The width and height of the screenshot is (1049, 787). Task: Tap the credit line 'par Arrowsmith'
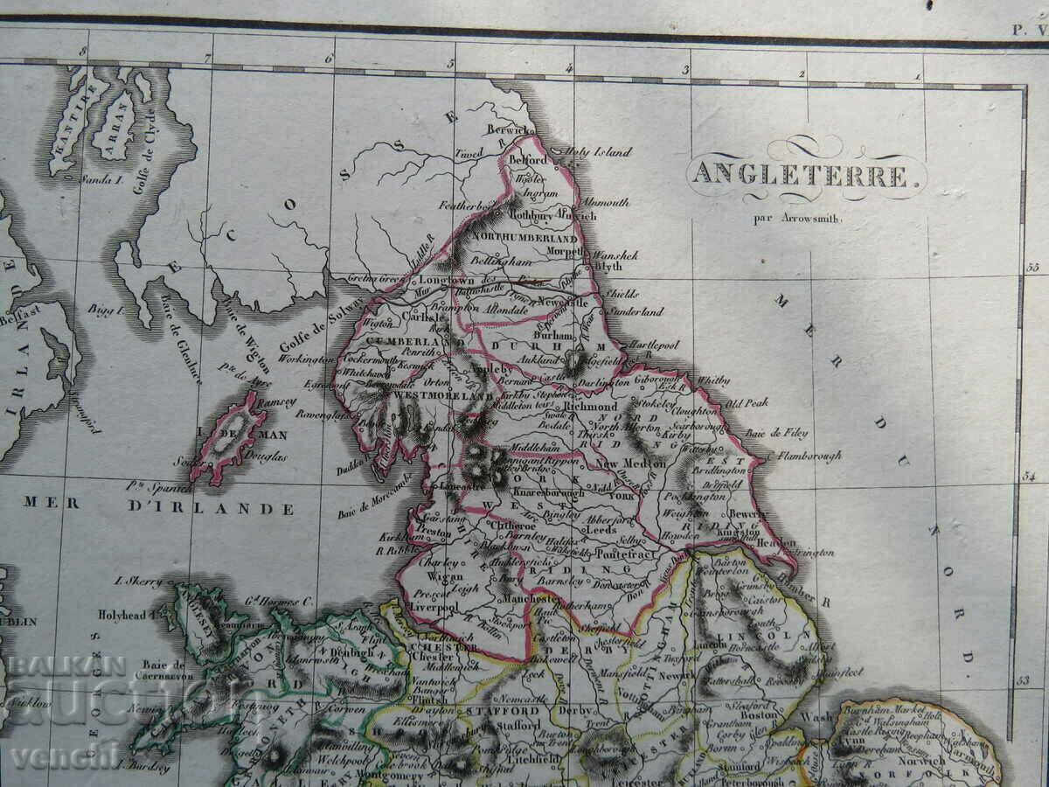798,219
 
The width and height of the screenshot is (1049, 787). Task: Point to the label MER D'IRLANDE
158,505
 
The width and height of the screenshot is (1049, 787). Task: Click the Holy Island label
599,152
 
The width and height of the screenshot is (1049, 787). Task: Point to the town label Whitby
712,380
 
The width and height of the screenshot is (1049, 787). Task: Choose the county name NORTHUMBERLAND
524,238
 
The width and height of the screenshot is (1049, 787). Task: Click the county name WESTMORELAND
433,396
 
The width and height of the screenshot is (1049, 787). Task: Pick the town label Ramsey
278,403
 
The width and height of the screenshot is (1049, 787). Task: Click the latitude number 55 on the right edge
1032,268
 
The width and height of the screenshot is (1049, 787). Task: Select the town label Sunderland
636,311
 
